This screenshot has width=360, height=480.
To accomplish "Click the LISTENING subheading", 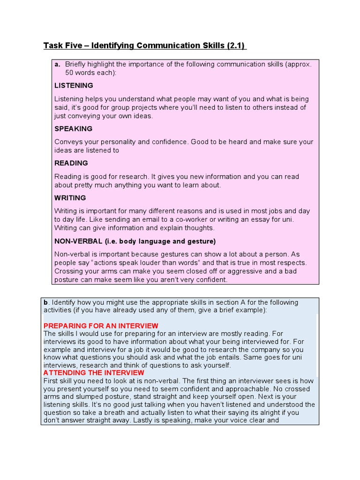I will (x=74, y=85).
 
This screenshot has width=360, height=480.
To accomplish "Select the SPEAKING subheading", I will (x=73, y=128).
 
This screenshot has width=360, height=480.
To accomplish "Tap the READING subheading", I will (x=71, y=163).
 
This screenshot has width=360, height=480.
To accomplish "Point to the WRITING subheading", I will (x=70, y=198).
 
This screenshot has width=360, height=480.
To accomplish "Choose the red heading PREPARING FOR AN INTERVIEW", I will (x=101, y=326).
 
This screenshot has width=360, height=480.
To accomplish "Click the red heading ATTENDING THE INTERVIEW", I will (x=94, y=373).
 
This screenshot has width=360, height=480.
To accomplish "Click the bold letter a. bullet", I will (x=58, y=64).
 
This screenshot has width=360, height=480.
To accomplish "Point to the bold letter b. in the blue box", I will (x=45, y=302).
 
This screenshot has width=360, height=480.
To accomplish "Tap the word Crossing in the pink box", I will (x=69, y=271).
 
